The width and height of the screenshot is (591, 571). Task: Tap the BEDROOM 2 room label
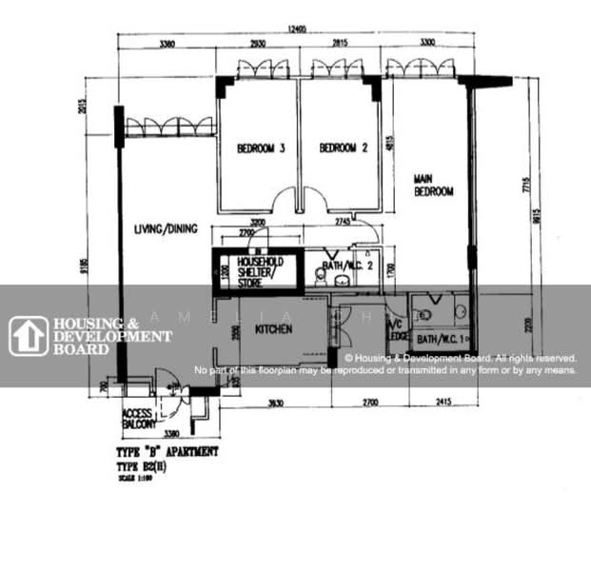(343, 148)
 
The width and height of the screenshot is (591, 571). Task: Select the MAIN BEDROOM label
(433, 185)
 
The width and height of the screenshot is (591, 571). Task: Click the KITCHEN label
(271, 329)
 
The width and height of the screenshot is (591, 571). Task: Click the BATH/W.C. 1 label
(439, 339)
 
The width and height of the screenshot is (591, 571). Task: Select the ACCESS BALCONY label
(140, 420)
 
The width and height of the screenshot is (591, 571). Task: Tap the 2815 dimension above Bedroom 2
(340, 45)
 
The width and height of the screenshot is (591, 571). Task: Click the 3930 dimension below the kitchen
(276, 404)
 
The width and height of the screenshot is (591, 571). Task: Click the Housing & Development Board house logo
(29, 336)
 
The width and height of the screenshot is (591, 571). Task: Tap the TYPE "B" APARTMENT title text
(167, 451)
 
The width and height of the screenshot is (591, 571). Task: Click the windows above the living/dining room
(170, 127)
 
